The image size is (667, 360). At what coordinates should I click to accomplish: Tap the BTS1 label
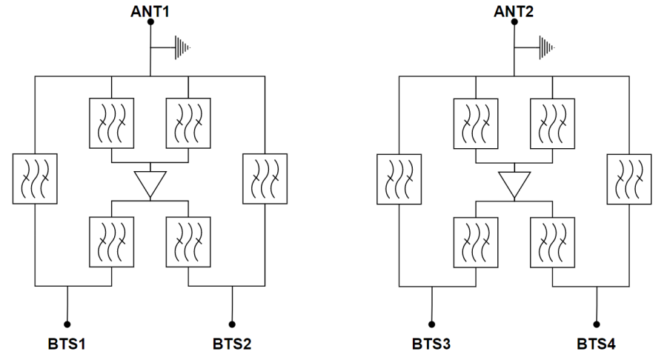click(67, 344)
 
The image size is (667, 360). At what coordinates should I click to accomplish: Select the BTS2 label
click(232, 344)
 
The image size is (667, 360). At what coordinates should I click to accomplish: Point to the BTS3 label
click(431, 344)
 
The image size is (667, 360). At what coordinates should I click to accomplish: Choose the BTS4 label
click(597, 344)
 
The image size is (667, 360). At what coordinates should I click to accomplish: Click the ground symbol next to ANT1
click(182, 47)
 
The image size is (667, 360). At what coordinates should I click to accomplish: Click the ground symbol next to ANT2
click(546, 47)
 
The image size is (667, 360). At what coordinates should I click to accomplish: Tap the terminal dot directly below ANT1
click(150, 22)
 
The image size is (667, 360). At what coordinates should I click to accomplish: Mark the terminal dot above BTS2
click(232, 324)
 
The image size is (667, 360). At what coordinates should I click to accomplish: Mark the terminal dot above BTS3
click(431, 324)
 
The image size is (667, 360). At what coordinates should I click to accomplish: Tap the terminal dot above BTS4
click(597, 324)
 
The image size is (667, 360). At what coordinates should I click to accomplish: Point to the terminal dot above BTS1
click(67, 324)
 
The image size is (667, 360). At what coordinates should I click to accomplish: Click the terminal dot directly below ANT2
click(514, 22)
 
